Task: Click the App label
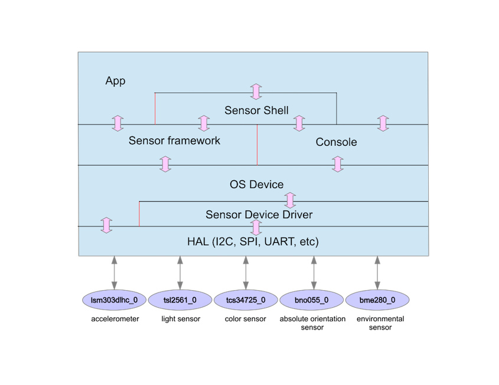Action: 115,81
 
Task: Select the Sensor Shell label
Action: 256,110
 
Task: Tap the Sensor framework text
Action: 174,141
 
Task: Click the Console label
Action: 336,142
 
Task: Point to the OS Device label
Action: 256,185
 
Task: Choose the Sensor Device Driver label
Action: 259,215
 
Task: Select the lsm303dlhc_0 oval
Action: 113,300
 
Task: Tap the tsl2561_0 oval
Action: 180,300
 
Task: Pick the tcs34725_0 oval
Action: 246,300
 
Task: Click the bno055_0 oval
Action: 311,300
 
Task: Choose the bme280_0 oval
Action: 377,300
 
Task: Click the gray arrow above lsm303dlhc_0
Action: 113,272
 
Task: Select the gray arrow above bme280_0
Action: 377,272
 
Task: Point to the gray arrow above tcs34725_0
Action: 246,272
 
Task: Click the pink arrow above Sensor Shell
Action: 256,91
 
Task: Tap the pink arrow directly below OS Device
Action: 290,199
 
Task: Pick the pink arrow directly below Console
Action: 337,164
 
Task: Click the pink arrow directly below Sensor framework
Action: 165,164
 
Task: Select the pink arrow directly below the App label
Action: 118,123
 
